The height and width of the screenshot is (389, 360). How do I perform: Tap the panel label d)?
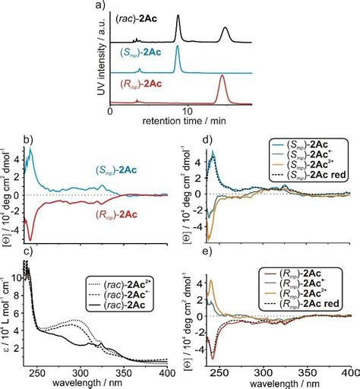[x=186, y=138]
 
